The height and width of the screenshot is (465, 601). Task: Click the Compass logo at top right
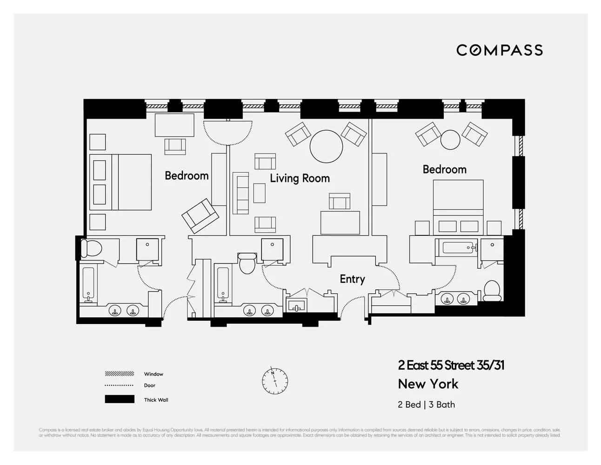[499, 50]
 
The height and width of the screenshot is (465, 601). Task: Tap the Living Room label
[300, 178]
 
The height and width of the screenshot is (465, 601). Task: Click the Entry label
[352, 279]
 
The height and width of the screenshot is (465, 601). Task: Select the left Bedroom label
[187, 176]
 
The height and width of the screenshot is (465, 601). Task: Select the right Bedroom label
[444, 170]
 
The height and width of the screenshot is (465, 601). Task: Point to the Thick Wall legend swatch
[120, 399]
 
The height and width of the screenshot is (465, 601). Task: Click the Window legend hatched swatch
[120, 374]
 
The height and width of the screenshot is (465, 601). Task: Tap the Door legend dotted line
[120, 385]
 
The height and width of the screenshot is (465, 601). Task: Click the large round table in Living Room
[326, 145]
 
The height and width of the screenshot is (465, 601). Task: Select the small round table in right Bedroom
[450, 139]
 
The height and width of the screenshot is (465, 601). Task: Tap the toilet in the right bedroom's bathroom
[492, 291]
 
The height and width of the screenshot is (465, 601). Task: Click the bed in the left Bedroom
[121, 182]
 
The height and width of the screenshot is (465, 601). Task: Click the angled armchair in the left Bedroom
[200, 216]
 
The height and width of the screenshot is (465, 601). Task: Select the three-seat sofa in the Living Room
[240, 193]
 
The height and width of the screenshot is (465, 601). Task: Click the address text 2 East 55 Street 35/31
[451, 365]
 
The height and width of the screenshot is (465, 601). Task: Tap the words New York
[428, 384]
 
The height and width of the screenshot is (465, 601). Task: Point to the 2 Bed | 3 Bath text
[426, 405]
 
